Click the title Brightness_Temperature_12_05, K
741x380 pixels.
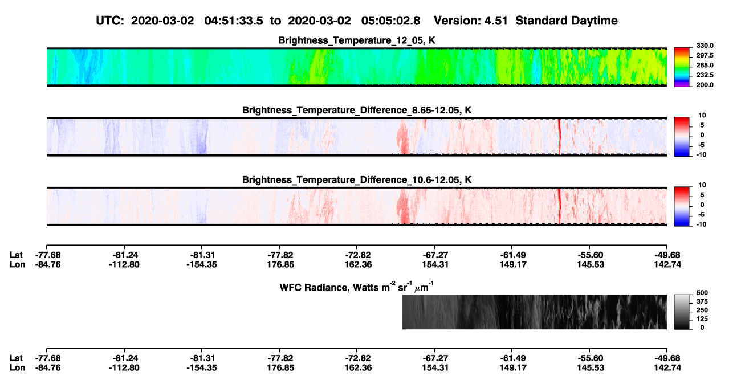(357, 40)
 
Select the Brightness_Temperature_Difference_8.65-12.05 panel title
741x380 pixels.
(357, 110)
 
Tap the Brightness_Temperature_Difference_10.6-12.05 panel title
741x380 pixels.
(357, 180)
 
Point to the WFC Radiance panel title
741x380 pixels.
(357, 287)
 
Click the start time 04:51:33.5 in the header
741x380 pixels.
(234, 21)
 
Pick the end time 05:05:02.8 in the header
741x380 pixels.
(390, 21)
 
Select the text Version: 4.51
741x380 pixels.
(470, 21)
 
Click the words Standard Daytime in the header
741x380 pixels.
(567, 21)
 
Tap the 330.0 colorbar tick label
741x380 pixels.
(705, 46)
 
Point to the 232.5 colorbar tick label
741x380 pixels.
(705, 75)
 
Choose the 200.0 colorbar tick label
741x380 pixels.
(705, 85)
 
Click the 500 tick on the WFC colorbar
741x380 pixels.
(702, 293)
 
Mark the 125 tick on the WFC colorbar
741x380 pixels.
(702, 319)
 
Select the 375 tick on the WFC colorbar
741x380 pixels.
(702, 301)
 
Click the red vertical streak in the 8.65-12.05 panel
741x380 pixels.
(559, 136)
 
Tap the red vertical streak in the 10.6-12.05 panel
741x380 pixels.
(559, 206)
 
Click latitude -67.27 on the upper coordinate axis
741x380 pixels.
(435, 255)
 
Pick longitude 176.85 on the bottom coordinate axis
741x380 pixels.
(280, 368)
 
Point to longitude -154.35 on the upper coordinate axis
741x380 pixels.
(201, 264)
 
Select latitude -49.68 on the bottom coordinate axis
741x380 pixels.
(667, 358)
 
